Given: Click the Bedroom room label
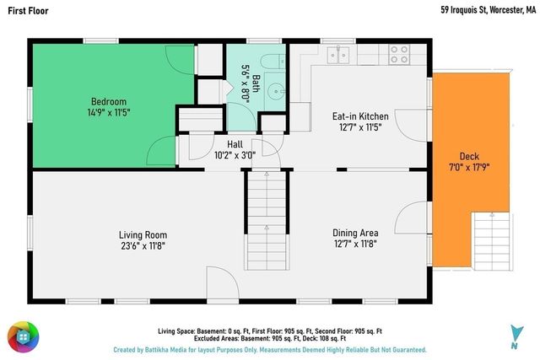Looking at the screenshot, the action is pyautogui.click(x=109, y=102).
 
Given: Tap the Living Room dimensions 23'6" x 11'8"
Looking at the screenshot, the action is pyautogui.click(x=143, y=246).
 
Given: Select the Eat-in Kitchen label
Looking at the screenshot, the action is pyautogui.click(x=360, y=116).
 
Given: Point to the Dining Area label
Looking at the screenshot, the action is pyautogui.click(x=355, y=233).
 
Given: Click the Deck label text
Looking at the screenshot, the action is pyautogui.click(x=469, y=157).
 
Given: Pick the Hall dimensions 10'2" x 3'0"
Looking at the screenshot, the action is pyautogui.click(x=235, y=156).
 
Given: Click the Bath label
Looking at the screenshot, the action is pyautogui.click(x=256, y=83).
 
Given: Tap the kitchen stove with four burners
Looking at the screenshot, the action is pyautogui.click(x=399, y=55).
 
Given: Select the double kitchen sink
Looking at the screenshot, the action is pyautogui.click(x=338, y=55).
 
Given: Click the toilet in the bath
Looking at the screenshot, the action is pyautogui.click(x=273, y=62).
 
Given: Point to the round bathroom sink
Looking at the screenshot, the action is pyautogui.click(x=276, y=92).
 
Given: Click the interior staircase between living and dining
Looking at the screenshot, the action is pyautogui.click(x=267, y=220).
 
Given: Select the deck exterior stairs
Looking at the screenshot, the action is pyautogui.click(x=492, y=242).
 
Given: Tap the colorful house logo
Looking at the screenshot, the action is pyautogui.click(x=24, y=337).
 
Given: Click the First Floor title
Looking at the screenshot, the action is pyautogui.click(x=28, y=11).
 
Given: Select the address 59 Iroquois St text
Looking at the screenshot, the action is pyautogui.click(x=463, y=10).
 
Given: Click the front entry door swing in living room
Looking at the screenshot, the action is pyautogui.click(x=223, y=283).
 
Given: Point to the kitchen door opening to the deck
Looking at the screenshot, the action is pyautogui.click(x=412, y=126).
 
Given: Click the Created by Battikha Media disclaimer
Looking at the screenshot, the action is pyautogui.click(x=270, y=350).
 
